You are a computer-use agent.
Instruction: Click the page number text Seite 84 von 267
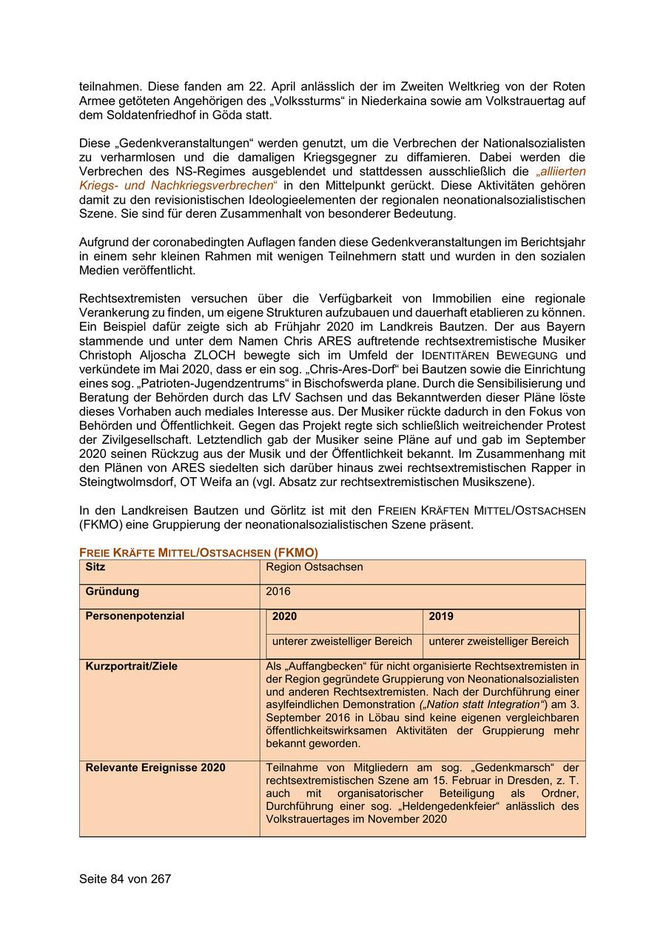(x=125, y=879)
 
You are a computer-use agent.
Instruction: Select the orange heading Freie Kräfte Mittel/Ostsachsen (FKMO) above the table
(x=198, y=553)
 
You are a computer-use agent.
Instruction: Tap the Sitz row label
(x=95, y=567)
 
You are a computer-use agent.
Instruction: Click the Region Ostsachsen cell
(x=314, y=567)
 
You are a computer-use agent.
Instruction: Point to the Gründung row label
(x=112, y=591)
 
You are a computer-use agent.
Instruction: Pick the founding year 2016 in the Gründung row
(x=278, y=591)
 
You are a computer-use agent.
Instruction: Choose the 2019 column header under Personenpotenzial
(x=441, y=616)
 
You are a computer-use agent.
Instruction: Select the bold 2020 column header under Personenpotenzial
(x=285, y=616)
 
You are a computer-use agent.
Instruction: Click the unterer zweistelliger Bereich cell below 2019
(x=499, y=641)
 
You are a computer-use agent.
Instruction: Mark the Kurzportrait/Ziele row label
(x=132, y=666)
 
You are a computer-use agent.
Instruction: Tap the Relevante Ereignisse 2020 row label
(x=155, y=767)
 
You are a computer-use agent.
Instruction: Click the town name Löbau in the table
(x=353, y=718)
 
